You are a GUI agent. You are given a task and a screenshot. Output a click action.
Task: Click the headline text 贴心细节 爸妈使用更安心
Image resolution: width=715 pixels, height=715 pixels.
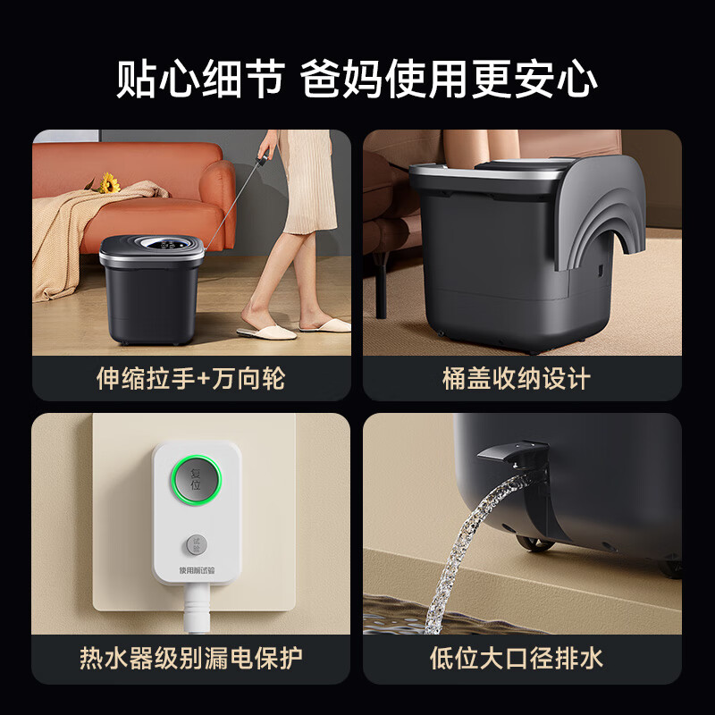357,79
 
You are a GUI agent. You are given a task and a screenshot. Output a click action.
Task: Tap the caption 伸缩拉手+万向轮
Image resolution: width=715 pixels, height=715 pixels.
190,378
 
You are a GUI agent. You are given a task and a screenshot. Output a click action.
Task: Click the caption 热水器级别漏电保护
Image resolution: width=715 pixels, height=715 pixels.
191,659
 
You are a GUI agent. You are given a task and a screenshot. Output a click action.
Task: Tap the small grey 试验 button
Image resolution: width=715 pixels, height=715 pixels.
198,543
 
